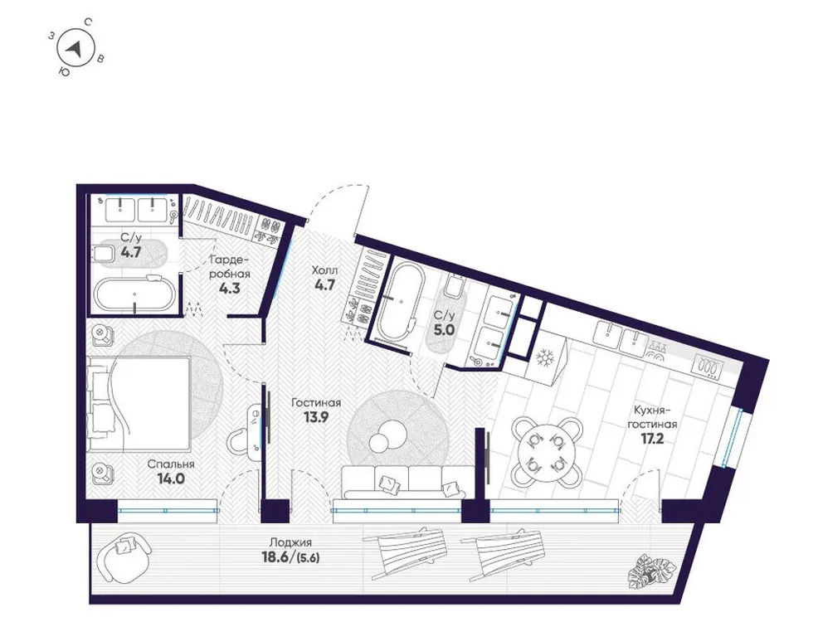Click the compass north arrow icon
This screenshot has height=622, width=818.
coord(75,49)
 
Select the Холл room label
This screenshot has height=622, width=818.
coord(324,270)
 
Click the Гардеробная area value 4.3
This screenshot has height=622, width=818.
coord(230,289)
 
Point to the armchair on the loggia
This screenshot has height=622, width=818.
coord(124,552)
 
